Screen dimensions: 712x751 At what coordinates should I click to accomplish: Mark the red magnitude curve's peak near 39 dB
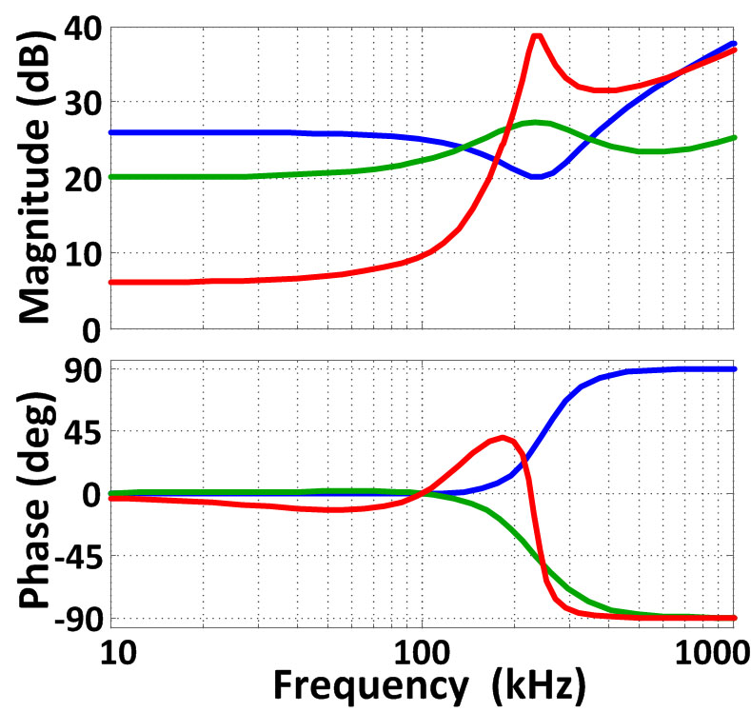coord(537,36)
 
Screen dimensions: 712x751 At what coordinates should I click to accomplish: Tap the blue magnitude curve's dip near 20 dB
coord(537,176)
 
